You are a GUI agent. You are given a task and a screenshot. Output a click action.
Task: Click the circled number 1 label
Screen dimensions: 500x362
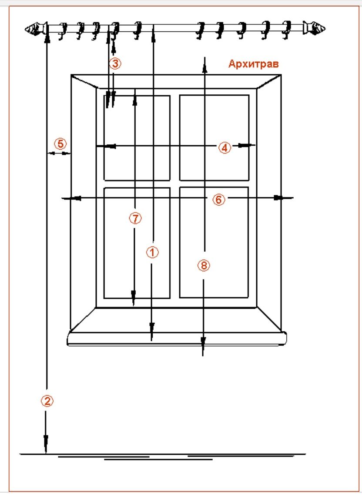(152, 252)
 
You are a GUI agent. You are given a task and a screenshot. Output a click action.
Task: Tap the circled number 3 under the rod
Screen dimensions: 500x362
(114, 64)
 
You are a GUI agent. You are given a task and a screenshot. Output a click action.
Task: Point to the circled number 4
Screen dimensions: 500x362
(224, 148)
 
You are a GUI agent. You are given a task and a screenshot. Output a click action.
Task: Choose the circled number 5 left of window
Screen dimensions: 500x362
(60, 143)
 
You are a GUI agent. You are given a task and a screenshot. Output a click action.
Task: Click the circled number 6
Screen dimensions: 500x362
(219, 200)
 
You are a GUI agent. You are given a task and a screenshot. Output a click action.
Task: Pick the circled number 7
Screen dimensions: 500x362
(135, 218)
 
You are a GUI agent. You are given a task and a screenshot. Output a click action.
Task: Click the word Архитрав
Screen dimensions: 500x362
(253, 64)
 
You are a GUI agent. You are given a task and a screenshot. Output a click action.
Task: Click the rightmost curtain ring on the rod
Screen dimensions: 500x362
(287, 27)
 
